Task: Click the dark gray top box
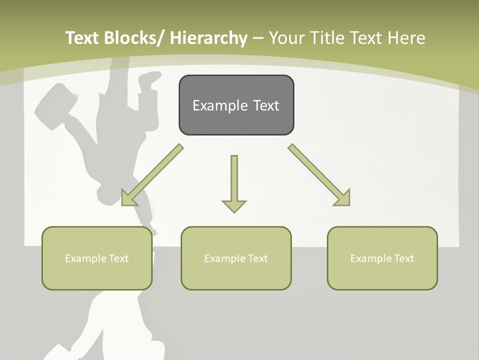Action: pyautogui.click(x=236, y=105)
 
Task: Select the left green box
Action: pyautogui.click(x=97, y=258)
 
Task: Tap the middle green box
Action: pyautogui.click(x=236, y=258)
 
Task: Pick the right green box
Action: pyautogui.click(x=382, y=258)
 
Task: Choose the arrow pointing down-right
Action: pyautogui.click(x=319, y=175)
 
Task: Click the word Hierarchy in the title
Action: pyautogui.click(x=209, y=38)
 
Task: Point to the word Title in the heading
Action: pyautogui.click(x=327, y=38)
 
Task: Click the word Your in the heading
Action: pyautogui.click(x=286, y=38)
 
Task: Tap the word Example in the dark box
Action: pyautogui.click(x=220, y=105)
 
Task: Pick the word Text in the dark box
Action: pyautogui.click(x=266, y=105)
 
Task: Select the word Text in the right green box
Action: pyautogui.click(x=404, y=258)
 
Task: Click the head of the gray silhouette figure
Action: pyautogui.click(x=112, y=193)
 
